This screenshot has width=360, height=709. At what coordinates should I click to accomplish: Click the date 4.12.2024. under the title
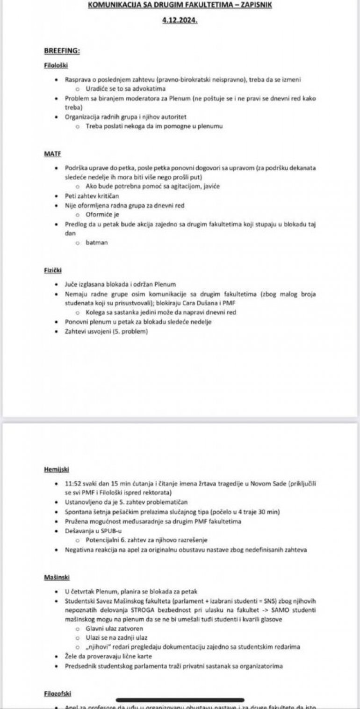click(180, 21)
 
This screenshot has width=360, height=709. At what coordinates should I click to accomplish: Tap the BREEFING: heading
click(62, 50)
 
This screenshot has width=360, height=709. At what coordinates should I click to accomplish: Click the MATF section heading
click(52, 154)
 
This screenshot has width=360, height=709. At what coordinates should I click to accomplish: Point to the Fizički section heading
click(53, 270)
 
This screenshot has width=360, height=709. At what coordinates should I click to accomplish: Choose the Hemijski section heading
click(56, 469)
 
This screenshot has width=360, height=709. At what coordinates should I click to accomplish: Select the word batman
click(96, 242)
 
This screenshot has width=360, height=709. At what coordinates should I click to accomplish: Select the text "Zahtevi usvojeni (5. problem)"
click(107, 331)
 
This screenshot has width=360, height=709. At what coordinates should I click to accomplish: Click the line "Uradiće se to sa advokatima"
click(126, 88)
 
